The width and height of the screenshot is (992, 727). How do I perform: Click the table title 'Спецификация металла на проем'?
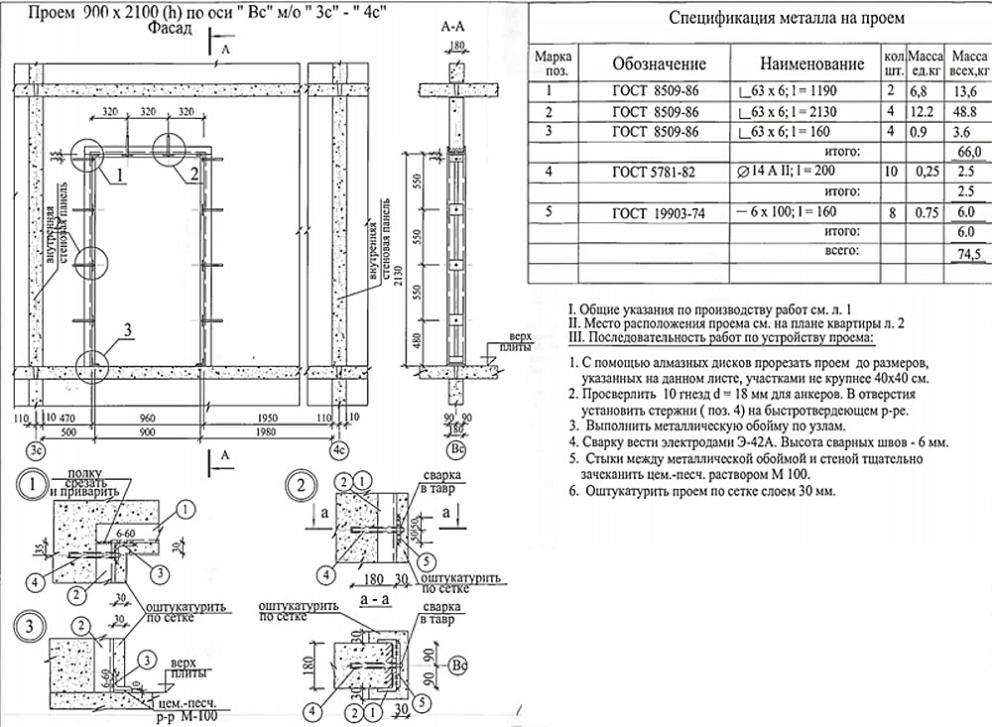coord(758,18)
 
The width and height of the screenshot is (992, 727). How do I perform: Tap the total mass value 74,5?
coord(967,255)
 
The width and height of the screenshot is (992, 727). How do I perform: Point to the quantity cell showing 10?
coord(890,172)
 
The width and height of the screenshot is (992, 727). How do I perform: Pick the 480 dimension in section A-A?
coord(418,340)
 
